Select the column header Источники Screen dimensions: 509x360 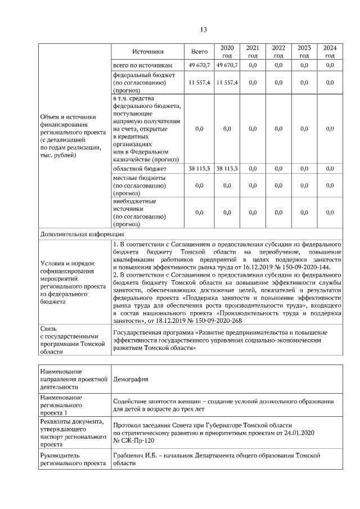point(148,52)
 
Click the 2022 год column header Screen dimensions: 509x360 point(278,52)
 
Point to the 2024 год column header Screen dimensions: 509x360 point(330,52)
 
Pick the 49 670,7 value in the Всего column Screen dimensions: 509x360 point(199,66)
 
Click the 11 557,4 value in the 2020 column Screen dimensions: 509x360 point(227,82)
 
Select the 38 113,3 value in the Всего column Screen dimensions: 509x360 point(199,168)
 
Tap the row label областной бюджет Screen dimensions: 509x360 point(140,168)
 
